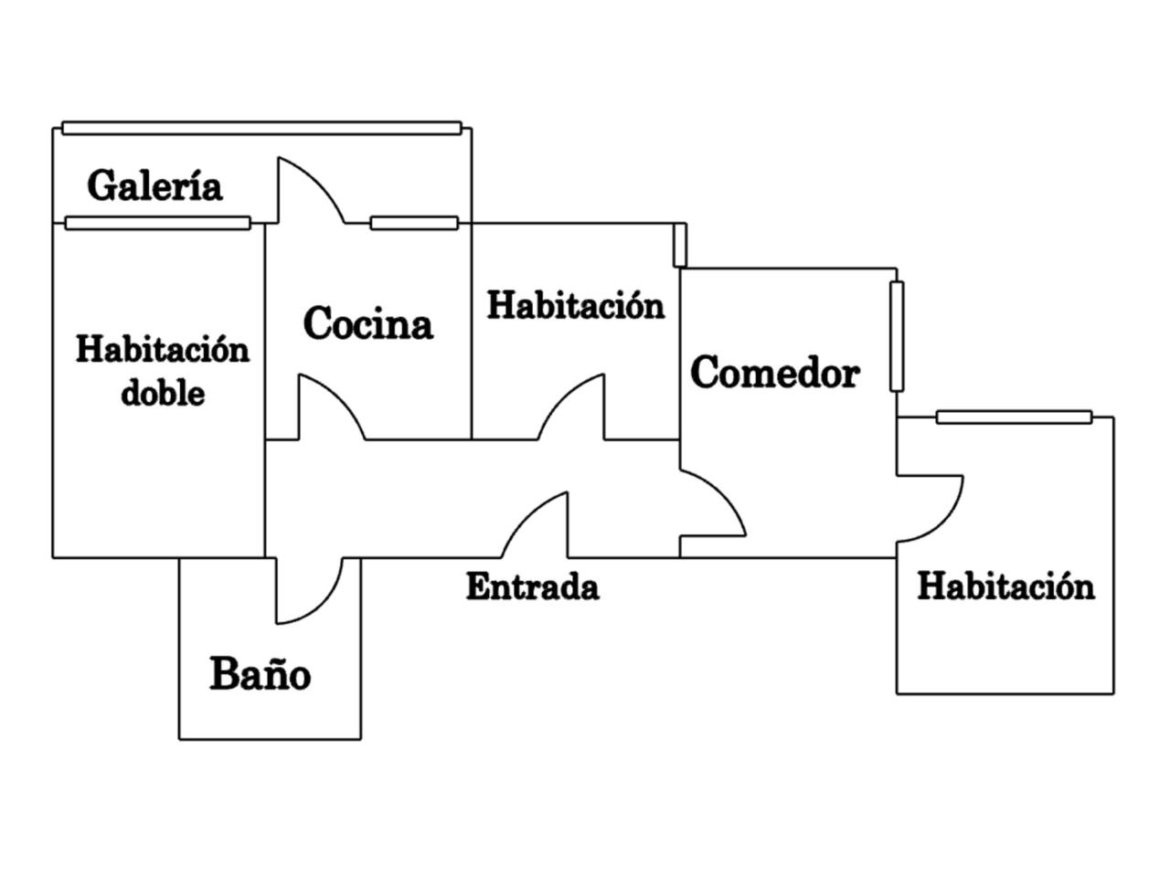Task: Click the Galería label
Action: coord(154,185)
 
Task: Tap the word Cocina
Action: coord(367,323)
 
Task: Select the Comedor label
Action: coord(774,373)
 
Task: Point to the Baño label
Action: coord(261,674)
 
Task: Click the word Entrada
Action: coord(532,586)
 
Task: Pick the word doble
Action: coord(163,393)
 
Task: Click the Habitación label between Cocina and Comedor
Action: coord(575,305)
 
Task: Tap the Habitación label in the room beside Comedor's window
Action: coord(1005,586)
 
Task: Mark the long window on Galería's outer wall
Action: coord(261,128)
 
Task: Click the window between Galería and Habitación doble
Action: coord(157,223)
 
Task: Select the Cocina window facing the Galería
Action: coord(413,223)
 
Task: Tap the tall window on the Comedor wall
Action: coord(897,336)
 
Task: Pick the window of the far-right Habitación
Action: coord(1014,417)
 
